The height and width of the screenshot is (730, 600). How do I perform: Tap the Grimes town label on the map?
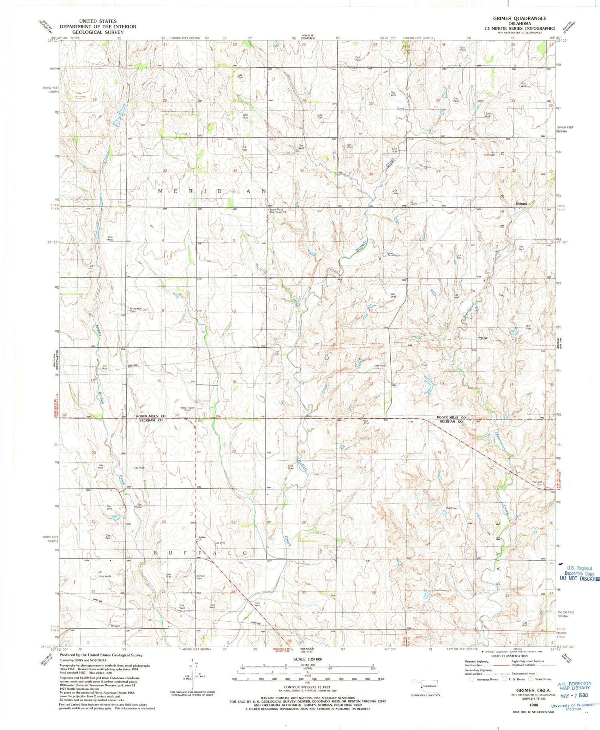click(521, 204)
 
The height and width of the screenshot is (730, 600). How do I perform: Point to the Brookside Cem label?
click(136, 309)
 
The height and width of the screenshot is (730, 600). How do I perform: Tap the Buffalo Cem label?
click(201, 577)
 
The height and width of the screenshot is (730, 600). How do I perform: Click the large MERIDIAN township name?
click(212, 191)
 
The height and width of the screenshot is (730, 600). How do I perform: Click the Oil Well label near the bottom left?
click(115, 626)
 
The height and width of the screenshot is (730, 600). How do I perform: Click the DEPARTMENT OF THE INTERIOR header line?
click(98, 27)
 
